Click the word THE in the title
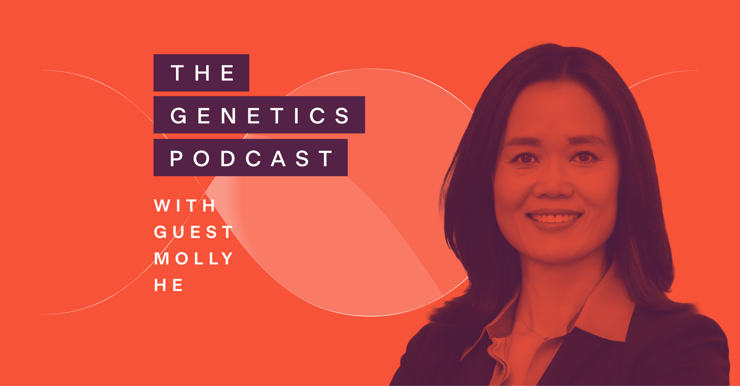202,73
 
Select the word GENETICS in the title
260,115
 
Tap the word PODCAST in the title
251,158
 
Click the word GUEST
193,232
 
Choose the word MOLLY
194,258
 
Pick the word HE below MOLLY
168,285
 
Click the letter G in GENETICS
178,115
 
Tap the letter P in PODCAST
176,158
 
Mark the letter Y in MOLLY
226,258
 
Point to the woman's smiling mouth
554,218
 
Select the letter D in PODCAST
228,158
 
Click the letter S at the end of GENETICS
342,115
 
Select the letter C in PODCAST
253,158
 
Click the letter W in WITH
162,206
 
